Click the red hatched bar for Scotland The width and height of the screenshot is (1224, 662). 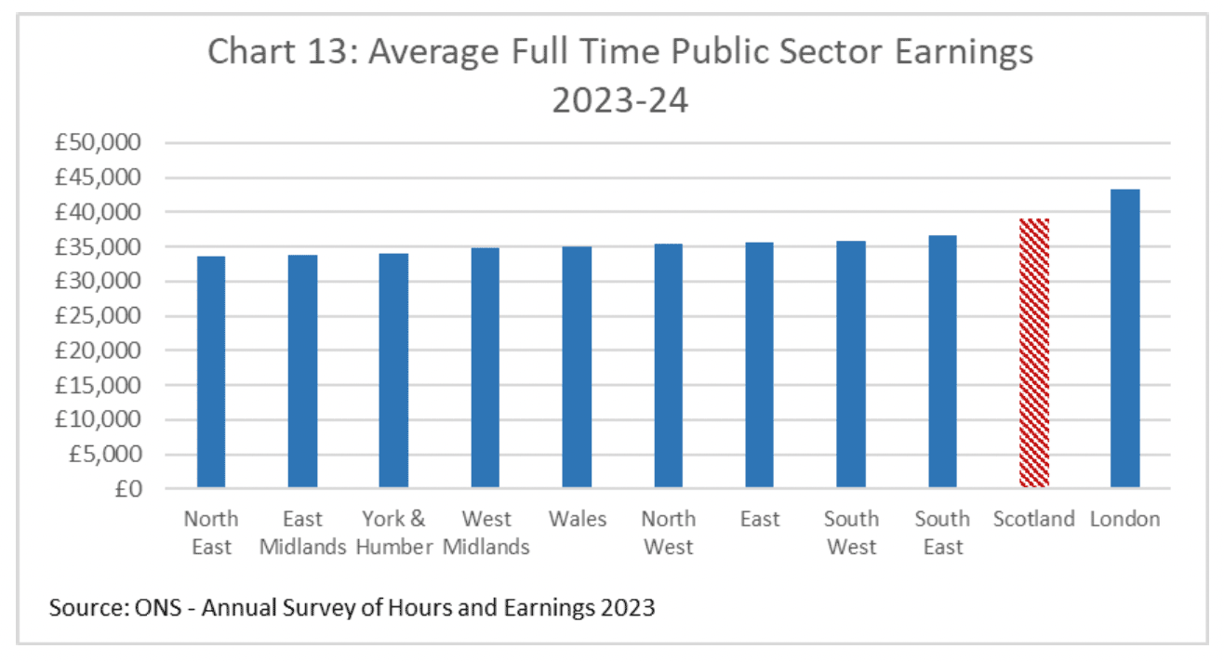(1033, 353)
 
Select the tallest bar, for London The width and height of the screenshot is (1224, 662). (1124, 338)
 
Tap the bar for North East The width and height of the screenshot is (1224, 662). (211, 372)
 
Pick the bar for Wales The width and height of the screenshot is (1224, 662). (577, 367)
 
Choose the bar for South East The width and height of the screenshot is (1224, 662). (942, 362)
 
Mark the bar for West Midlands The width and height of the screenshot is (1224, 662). (486, 367)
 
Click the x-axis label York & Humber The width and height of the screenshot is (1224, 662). (393, 533)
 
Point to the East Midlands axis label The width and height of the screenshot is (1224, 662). (303, 533)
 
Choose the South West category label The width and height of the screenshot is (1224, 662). (851, 533)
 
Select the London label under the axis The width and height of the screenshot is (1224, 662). (1124, 519)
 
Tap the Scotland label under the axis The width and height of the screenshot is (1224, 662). (1033, 519)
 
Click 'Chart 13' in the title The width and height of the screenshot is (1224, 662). (278, 52)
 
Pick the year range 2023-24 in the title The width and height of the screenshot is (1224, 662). (619, 99)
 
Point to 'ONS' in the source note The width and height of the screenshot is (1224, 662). (166, 609)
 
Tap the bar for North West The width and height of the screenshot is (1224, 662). (668, 365)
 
